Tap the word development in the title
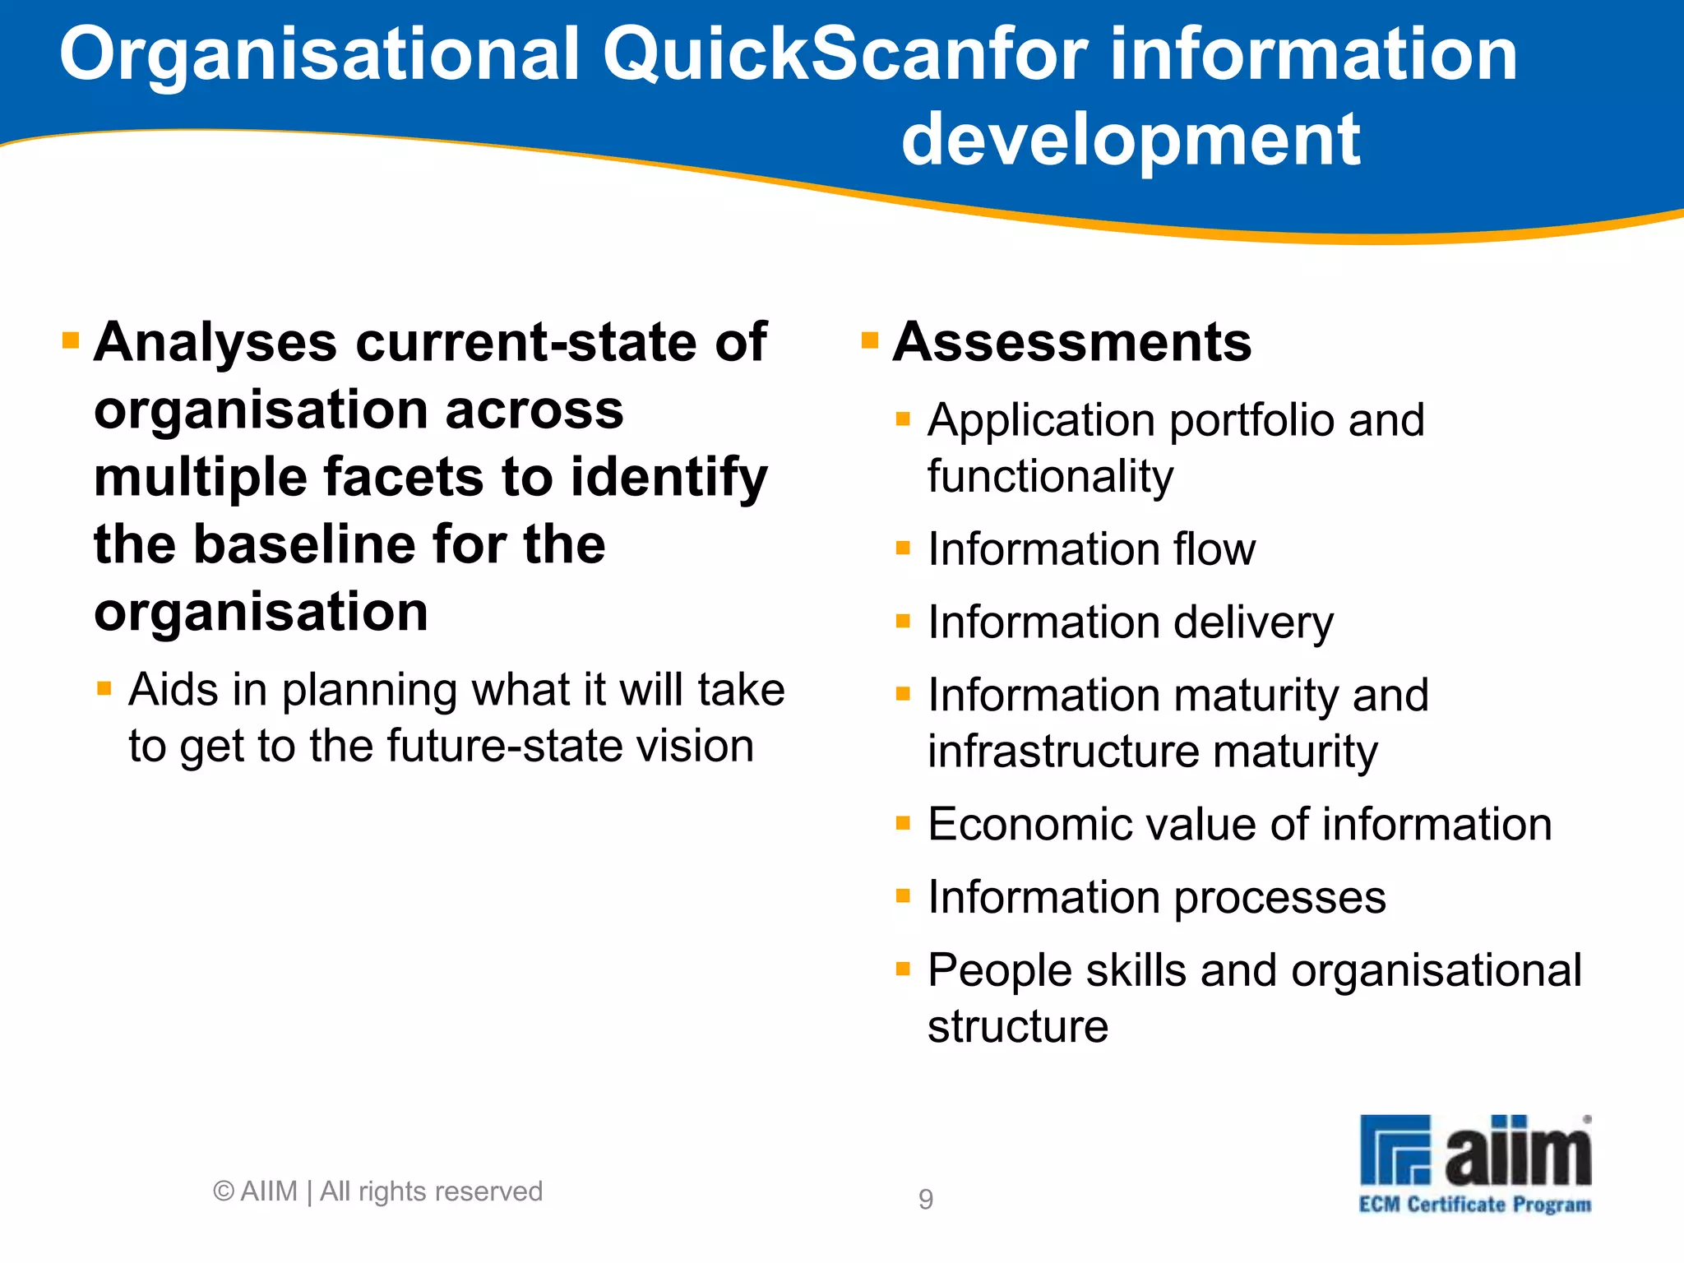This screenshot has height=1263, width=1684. (x=1131, y=140)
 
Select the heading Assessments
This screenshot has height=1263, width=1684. (x=1072, y=342)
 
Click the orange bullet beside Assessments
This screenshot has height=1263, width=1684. (x=870, y=340)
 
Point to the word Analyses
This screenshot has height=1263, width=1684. (x=215, y=342)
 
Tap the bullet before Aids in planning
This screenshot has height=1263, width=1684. (x=104, y=688)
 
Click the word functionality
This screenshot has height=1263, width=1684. (x=1050, y=477)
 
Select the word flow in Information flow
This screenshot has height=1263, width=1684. (x=1214, y=548)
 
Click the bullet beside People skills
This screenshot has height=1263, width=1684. (x=903, y=969)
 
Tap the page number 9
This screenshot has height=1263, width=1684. (x=926, y=1199)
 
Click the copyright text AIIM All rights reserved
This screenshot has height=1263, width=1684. (x=378, y=1191)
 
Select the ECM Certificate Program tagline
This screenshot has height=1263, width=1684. (x=1474, y=1205)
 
